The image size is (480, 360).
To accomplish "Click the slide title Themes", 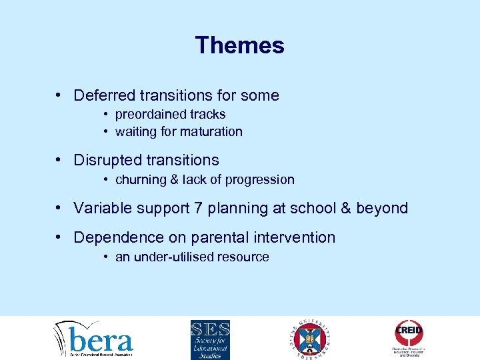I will (x=239, y=45).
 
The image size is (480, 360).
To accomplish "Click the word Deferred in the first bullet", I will (x=103, y=95).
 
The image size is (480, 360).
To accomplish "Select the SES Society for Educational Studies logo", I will (x=210, y=339).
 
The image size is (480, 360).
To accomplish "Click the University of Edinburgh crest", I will (x=310, y=339).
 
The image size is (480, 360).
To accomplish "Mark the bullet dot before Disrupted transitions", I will (x=60, y=161).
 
